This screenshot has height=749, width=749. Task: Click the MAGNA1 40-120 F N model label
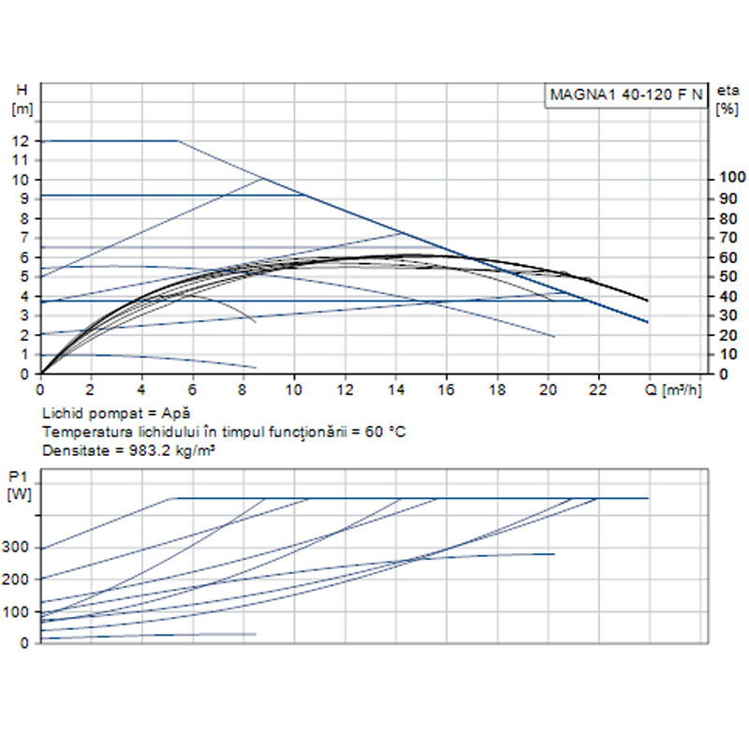click(624, 95)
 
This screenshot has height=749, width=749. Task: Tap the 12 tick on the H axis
click(21, 140)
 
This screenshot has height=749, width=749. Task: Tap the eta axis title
click(727, 90)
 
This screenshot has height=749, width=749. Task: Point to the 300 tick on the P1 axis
click(19, 548)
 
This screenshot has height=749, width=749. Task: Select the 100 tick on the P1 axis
click(19, 611)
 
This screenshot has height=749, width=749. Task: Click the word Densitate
click(73, 448)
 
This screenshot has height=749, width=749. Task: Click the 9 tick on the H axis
click(24, 198)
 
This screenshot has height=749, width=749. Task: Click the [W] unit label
click(19, 494)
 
